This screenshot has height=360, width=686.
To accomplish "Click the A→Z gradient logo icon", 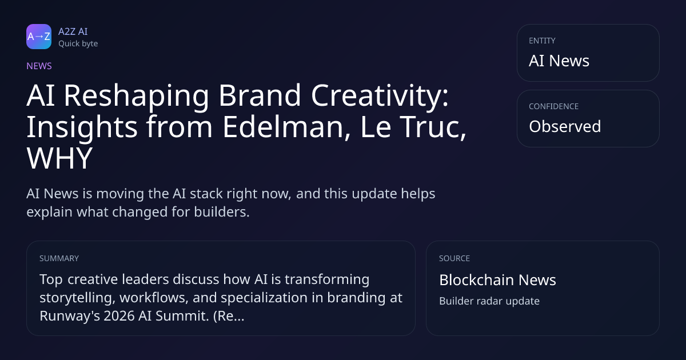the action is [39, 37].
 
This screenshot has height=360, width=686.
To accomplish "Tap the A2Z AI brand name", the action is [73, 31].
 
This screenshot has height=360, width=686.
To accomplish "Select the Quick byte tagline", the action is [78, 44].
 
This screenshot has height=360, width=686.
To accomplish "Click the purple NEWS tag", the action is [39, 66].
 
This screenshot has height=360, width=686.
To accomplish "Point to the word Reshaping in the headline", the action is [137, 95].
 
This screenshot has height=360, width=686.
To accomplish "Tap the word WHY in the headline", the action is [59, 158].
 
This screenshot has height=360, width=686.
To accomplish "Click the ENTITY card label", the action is [542, 41].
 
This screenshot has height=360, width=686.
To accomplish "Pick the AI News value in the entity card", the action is [559, 61].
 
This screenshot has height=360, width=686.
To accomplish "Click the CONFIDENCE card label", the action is [554, 106].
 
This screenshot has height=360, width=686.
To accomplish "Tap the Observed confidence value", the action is [565, 126].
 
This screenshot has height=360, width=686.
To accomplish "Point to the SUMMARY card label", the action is [59, 258].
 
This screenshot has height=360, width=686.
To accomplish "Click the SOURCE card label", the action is [454, 258].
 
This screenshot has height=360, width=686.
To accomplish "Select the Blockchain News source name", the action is [498, 280].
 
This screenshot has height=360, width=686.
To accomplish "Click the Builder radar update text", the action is [489, 301].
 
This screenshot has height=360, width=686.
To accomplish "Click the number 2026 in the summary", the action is [119, 316].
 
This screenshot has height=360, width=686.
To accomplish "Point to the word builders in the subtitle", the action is [222, 212].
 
